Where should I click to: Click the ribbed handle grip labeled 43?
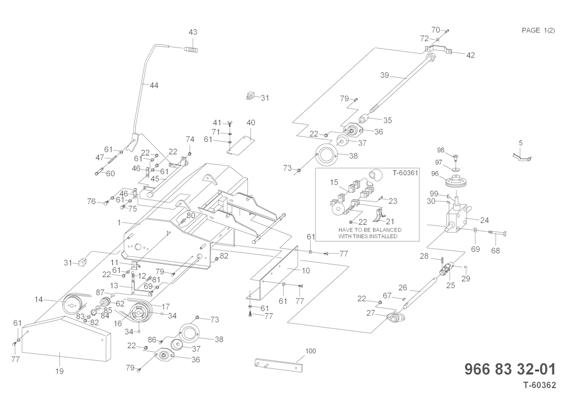[192, 51]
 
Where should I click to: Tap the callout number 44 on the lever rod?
[154, 86]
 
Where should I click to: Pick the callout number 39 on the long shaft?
[384, 75]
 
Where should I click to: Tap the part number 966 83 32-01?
[510, 370]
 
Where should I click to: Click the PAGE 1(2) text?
[538, 30]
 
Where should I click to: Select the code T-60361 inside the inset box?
[405, 173]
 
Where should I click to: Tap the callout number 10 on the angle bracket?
[306, 271]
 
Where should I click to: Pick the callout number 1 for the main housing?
[119, 223]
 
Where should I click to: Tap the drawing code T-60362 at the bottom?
[540, 385]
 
